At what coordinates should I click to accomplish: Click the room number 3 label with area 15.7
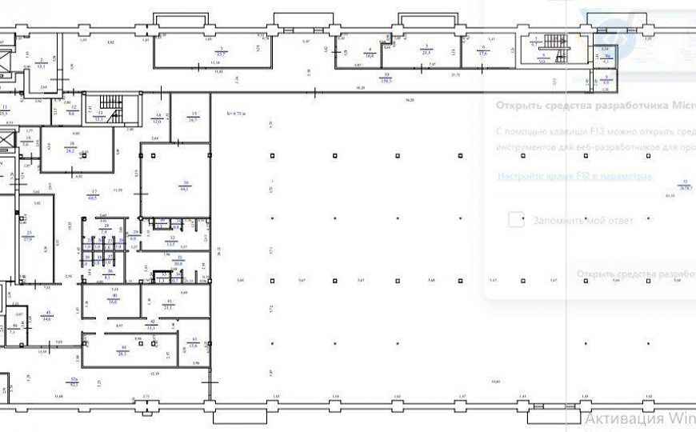point(221,52)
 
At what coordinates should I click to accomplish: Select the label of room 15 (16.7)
point(193,118)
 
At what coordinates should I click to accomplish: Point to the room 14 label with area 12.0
point(158,118)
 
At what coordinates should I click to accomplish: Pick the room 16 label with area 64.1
point(185,186)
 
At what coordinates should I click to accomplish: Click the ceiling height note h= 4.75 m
point(238,113)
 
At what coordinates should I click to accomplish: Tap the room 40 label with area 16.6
point(113,300)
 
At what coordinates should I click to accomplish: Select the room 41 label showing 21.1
point(168,304)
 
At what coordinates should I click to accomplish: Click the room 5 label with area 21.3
point(427,50)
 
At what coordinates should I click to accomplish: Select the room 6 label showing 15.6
point(484,50)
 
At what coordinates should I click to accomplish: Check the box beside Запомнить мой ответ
point(516,220)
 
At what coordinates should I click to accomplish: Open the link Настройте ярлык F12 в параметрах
point(574,176)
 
